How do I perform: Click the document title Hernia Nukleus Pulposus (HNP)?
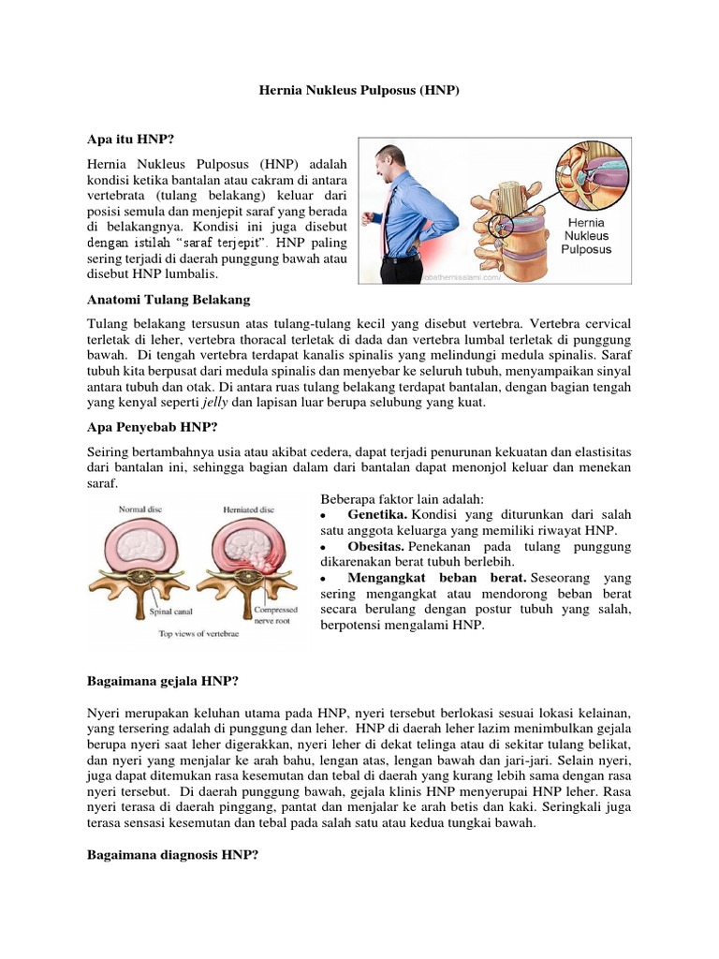[359, 93]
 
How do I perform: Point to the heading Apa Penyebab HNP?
[152, 427]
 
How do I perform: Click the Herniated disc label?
[248, 509]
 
